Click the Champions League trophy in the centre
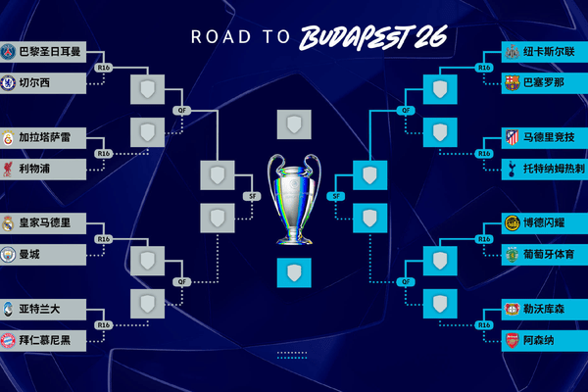tap(294, 199)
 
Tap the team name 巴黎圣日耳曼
tap(50, 51)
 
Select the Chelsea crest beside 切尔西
tap(8, 83)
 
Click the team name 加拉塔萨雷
tap(45, 137)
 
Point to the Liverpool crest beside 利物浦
tap(8, 169)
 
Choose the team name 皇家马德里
tap(45, 222)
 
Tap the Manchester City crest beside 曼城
tap(8, 255)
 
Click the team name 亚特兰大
tap(39, 309)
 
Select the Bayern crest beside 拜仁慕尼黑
tap(8, 341)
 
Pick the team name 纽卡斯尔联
tap(549, 51)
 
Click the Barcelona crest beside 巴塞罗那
tap(512, 83)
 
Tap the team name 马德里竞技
tap(549, 137)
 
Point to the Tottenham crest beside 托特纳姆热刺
tap(512, 169)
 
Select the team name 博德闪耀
tap(544, 222)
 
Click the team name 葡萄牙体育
tap(549, 255)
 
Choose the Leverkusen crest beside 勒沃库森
tap(512, 309)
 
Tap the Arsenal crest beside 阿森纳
tap(512, 341)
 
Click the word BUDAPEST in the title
tap(355, 37)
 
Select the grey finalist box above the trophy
tap(294, 124)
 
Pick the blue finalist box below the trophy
tap(294, 272)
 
